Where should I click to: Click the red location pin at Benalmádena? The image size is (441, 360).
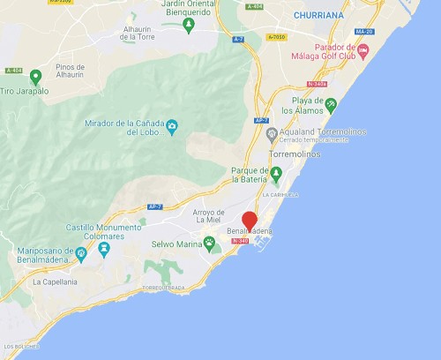(250, 221)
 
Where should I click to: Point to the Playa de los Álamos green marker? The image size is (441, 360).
(331, 105)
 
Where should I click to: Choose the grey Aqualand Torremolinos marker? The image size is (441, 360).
(272, 132)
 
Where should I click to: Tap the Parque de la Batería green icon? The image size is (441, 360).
(275, 172)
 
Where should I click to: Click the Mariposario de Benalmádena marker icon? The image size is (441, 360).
(81, 255)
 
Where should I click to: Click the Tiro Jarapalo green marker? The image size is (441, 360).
(35, 77)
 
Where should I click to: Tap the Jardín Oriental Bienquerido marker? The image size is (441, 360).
(188, 23)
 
